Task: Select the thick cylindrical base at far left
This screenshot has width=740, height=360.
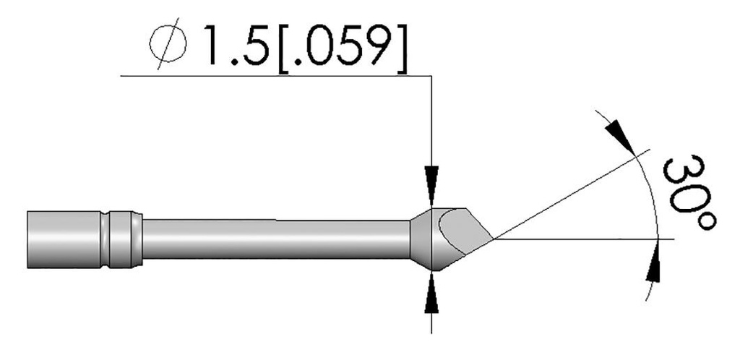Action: [61, 237]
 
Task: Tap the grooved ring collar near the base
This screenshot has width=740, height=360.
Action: [120, 237]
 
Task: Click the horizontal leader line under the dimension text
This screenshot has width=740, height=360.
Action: [275, 74]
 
